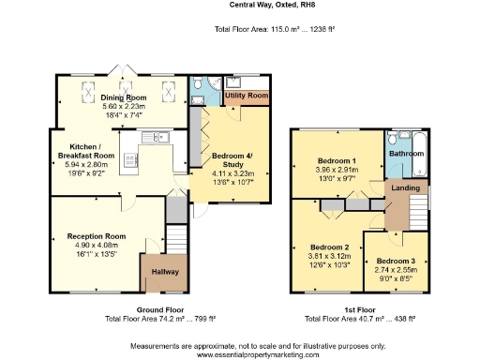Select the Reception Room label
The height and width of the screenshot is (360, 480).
tap(96, 236)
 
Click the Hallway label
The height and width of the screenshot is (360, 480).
tap(158, 271)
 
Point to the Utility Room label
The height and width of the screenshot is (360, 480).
tap(247, 96)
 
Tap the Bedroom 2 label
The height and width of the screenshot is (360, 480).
tap(328, 247)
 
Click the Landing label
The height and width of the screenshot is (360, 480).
tap(405, 188)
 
